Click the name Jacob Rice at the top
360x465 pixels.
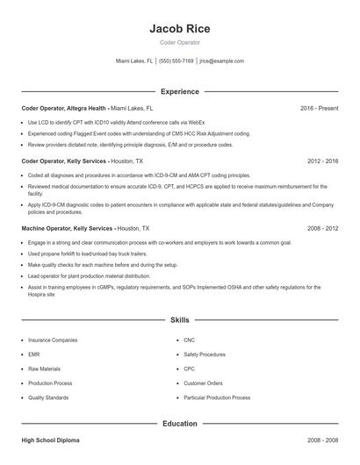click(179, 28)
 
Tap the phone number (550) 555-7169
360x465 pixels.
click(176, 61)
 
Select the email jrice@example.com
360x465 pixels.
click(221, 61)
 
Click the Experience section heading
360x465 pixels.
click(179, 91)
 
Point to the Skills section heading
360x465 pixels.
click(179, 320)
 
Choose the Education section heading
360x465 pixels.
click(179, 424)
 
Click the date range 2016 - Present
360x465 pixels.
click(319, 108)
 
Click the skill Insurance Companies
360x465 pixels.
click(53, 339)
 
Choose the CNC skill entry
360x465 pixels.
click(190, 339)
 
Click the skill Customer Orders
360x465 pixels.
click(203, 383)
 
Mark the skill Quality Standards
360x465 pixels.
click(48, 398)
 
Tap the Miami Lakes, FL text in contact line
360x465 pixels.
click(134, 61)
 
